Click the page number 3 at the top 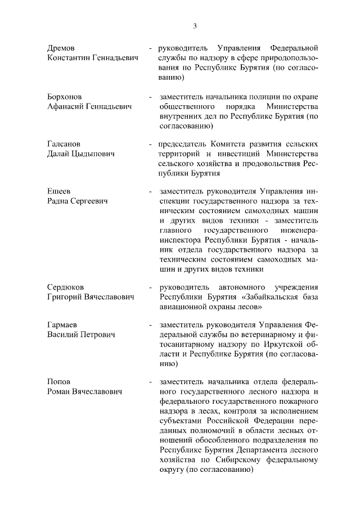tap(194, 25)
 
